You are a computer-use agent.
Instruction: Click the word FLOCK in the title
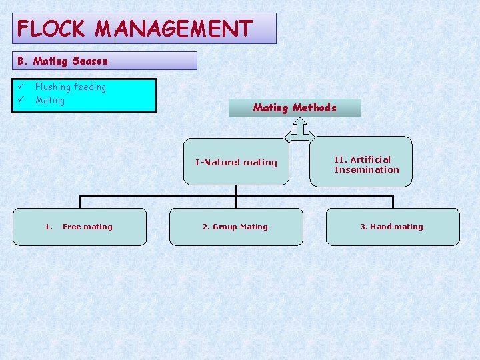point(51,29)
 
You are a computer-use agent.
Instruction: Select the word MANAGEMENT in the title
point(174,29)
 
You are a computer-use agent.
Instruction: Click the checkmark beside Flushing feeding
point(21,87)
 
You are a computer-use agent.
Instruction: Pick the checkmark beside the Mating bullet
point(21,100)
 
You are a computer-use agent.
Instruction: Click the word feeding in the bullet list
point(90,87)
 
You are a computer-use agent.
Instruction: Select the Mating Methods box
point(295,107)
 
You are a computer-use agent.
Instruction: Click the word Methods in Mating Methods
point(314,107)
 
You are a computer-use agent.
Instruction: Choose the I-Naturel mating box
point(236,162)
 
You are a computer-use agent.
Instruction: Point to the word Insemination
point(367,170)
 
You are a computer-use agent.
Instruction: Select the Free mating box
point(80,227)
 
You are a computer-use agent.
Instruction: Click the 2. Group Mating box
point(235,227)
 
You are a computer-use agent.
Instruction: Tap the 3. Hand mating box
point(392,227)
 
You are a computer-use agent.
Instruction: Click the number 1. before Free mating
point(49,227)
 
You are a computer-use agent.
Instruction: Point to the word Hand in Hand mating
point(381,227)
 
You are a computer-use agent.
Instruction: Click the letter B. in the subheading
point(22,61)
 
